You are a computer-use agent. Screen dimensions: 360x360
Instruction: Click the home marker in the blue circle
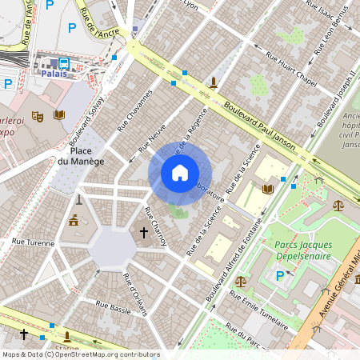click(x=180, y=172)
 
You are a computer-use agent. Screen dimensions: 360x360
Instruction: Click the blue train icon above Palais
click(x=62, y=62)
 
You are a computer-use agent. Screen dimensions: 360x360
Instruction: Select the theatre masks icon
click(x=37, y=116)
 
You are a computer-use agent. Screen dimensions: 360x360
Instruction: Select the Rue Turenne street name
click(x=32, y=242)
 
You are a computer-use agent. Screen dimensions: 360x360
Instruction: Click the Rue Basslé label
click(x=113, y=305)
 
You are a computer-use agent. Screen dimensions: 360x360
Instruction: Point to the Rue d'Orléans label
click(x=135, y=294)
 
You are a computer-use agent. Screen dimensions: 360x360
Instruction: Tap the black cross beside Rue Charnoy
click(x=144, y=233)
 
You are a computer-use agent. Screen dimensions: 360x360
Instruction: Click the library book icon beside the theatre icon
click(x=59, y=115)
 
